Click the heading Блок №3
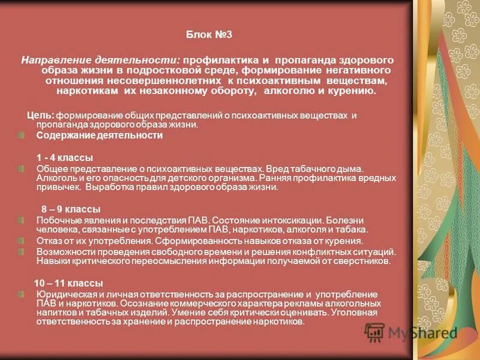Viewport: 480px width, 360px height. click(x=209, y=35)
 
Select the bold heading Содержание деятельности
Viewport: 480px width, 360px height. click(x=99, y=136)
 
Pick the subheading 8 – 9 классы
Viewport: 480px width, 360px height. click(x=70, y=209)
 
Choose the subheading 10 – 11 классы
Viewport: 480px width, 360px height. click(x=68, y=283)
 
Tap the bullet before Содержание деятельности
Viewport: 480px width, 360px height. click(x=21, y=136)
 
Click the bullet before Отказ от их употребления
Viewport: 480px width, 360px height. click(x=21, y=241)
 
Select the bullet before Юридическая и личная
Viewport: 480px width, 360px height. click(x=21, y=295)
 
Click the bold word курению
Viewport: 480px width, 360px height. click(x=351, y=91)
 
